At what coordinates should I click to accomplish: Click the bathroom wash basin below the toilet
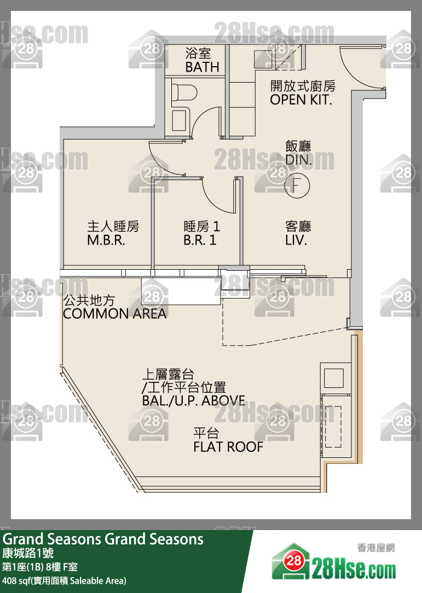click(180, 119)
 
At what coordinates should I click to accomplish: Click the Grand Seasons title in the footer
click(103, 539)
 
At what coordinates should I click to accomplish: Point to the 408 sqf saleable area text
click(64, 580)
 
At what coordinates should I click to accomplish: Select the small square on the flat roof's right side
click(334, 377)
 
